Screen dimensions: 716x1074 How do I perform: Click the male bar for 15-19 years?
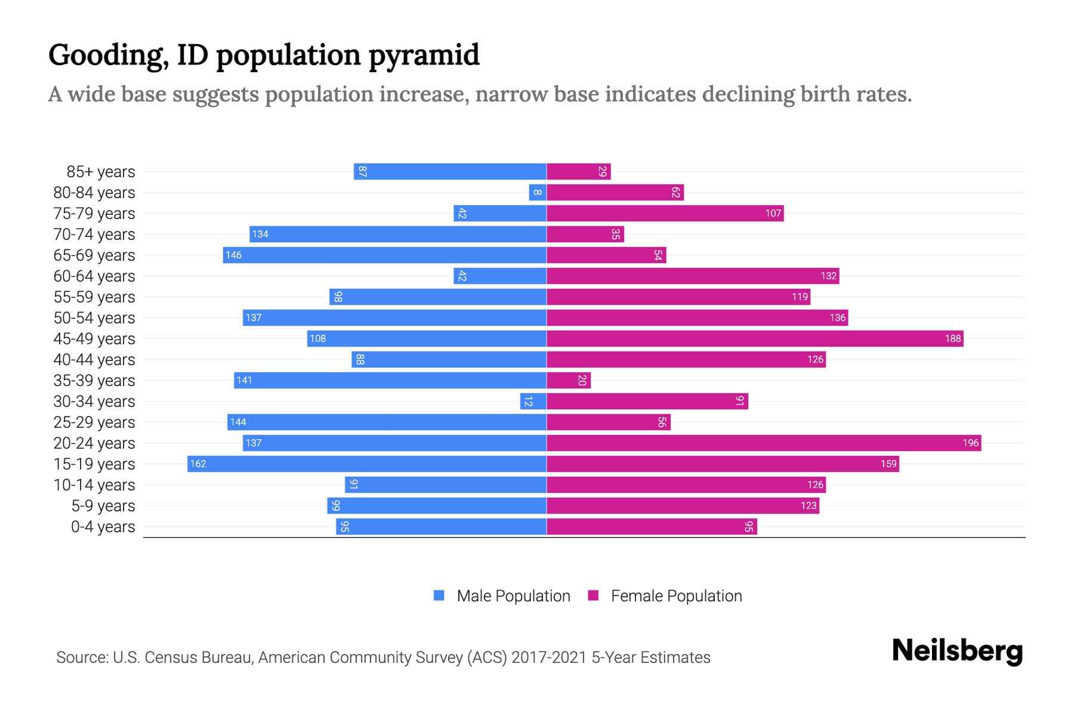[367, 464]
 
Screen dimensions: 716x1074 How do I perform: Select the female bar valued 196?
[764, 443]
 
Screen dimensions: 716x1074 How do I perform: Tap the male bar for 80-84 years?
[538, 192]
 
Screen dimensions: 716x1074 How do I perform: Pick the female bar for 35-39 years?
[569, 380]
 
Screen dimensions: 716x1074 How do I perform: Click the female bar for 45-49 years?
[755, 338]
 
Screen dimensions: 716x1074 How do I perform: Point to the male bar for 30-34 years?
[533, 401]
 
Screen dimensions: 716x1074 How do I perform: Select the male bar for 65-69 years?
[385, 255]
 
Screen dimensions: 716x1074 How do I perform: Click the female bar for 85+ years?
[579, 171]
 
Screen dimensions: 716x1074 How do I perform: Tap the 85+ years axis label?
[101, 172]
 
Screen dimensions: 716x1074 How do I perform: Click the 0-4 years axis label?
[103, 527]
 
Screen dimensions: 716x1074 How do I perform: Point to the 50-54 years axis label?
[94, 318]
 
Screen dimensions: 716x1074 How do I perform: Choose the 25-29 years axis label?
[94, 422]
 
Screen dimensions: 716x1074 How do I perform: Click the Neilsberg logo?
[957, 650]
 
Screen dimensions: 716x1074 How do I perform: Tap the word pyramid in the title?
[424, 55]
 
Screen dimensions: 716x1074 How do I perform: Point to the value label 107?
[773, 213]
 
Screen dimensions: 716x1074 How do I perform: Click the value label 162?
[198, 464]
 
